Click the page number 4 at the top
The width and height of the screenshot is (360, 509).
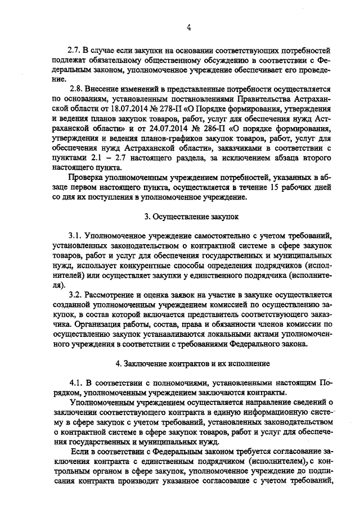point(188,26)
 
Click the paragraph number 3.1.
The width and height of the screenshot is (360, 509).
point(74,234)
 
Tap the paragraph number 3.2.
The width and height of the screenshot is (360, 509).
point(74,294)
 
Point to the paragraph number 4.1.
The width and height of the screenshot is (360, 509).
point(75,382)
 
